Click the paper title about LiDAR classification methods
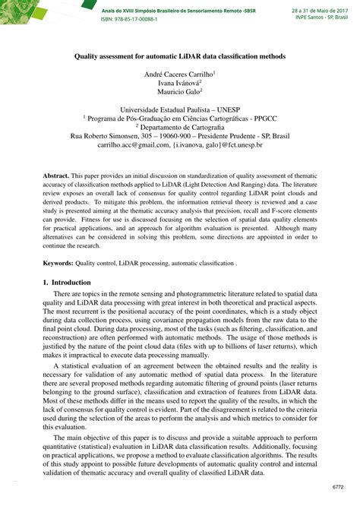pyautogui.click(x=180, y=55)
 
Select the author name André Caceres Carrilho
pyautogui.click(x=179, y=74)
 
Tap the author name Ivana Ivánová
pyautogui.click(x=179, y=84)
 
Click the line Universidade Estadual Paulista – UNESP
pyautogui.click(x=179, y=109)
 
